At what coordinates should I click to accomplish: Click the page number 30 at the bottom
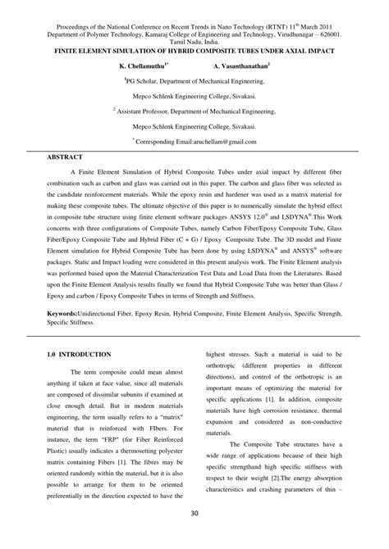(194, 537)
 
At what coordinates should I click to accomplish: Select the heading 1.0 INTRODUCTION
(80, 330)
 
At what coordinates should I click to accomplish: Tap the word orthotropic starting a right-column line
(227, 343)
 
